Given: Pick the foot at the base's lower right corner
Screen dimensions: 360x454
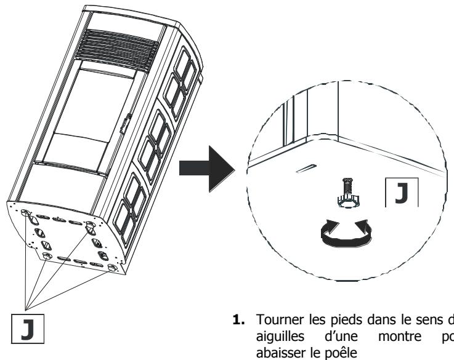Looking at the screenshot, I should pos(111,268).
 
